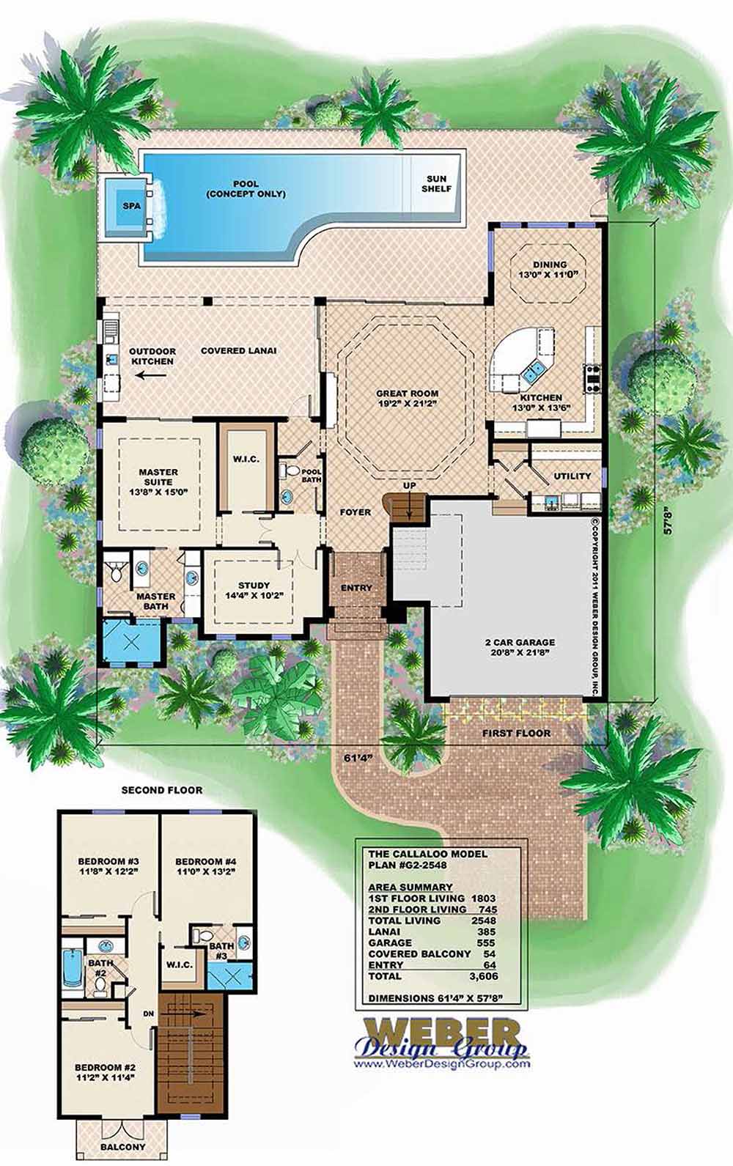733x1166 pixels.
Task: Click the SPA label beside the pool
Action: coord(132,206)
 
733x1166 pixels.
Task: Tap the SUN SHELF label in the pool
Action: coord(436,184)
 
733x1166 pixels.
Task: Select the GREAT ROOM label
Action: coord(407,398)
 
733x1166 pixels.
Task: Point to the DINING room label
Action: coord(550,269)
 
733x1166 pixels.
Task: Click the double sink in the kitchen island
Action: coord(533,371)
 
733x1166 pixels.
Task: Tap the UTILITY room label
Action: coord(572,476)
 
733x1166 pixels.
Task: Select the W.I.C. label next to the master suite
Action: coord(246,460)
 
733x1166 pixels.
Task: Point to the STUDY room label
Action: coord(254,590)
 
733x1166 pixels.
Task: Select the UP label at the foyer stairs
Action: coord(410,486)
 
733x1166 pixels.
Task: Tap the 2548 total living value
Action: coord(485,920)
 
